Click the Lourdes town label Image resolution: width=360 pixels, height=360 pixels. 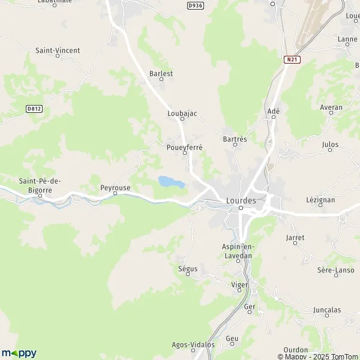tap(241, 200)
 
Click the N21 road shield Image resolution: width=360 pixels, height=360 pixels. tap(292, 59)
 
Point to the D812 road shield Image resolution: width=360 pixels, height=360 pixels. tap(34, 109)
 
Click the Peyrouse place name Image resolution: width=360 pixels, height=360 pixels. tap(115, 188)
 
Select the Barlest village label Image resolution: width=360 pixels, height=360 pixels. tap(161, 74)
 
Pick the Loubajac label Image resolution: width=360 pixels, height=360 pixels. tap(182, 113)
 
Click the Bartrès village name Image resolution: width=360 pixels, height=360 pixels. tap(235, 139)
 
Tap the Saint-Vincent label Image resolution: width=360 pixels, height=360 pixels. tap(58, 51)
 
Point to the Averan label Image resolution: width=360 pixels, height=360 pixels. tap(331, 107)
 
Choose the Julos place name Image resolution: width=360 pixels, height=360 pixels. tap(330, 145)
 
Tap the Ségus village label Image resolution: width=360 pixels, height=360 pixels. tap(188, 269)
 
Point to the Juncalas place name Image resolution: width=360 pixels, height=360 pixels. tap(327, 310)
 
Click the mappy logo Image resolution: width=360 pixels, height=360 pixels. tap(19, 353)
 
